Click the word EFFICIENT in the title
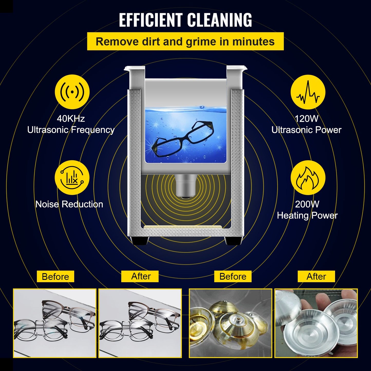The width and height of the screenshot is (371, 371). [151, 20]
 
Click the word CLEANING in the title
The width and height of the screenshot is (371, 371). [219, 20]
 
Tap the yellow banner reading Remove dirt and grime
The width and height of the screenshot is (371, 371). [185, 41]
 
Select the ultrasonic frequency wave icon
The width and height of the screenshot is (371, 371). [72, 92]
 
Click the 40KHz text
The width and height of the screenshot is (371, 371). [71, 119]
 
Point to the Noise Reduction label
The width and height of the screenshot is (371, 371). [69, 204]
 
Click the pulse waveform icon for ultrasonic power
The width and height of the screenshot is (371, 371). [308, 92]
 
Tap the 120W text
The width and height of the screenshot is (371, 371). [306, 119]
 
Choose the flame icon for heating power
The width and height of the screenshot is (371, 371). [308, 178]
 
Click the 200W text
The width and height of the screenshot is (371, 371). [307, 204]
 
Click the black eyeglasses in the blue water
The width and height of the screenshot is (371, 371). [183, 139]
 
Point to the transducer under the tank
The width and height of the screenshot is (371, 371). [185, 186]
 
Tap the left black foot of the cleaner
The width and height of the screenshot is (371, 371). [140, 241]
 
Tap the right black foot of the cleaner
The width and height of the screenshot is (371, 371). [233, 241]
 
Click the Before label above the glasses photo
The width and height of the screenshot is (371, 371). [55, 277]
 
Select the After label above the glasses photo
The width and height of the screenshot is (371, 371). [141, 276]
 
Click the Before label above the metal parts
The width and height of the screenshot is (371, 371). [233, 277]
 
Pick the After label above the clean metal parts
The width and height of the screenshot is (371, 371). [316, 277]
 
